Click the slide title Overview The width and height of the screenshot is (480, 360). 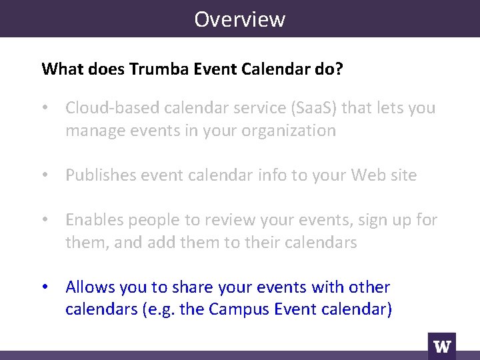[239, 19]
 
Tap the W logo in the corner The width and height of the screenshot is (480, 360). [442, 346]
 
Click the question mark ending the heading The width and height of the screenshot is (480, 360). [340, 69]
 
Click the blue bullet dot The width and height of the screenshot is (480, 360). [45, 287]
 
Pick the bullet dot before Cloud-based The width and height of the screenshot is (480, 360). [45, 108]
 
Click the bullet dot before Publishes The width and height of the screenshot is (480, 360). [45, 175]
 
